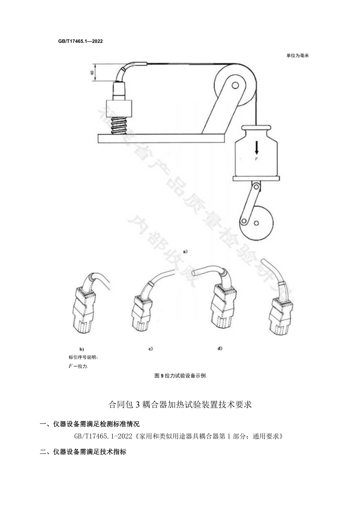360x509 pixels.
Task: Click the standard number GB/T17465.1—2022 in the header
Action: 80,41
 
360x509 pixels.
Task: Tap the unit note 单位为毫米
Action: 297,56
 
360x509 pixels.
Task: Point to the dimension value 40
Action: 92,73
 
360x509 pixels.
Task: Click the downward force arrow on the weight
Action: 257,147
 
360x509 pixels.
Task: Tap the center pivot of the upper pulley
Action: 235,85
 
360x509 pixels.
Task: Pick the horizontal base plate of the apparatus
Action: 160,137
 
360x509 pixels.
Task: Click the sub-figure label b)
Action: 81,349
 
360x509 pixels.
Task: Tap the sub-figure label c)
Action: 150,348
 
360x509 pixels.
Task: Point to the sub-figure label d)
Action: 220,348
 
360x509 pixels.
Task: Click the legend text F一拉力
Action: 78,366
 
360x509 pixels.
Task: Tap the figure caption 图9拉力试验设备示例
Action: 180,376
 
